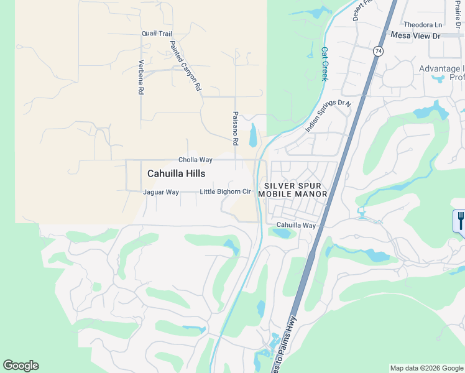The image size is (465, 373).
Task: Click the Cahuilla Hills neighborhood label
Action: click(x=176, y=174)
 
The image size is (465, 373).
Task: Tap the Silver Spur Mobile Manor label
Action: click(x=295, y=190)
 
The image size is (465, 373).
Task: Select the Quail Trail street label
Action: click(x=157, y=34)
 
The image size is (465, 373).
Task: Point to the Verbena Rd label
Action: click(x=141, y=77)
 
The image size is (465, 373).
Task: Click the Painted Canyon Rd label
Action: click(x=186, y=66)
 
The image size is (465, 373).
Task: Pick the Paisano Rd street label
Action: click(x=236, y=129)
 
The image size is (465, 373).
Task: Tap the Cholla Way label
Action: click(x=195, y=160)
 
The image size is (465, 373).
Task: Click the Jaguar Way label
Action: click(x=161, y=192)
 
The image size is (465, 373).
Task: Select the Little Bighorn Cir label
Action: click(x=225, y=191)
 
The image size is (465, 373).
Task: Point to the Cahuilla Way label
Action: click(x=296, y=225)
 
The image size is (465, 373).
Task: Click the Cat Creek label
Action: click(x=325, y=64)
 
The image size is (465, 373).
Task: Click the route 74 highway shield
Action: click(x=378, y=51)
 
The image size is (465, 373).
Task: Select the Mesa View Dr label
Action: click(x=415, y=36)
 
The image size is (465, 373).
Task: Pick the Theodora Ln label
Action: click(x=423, y=25)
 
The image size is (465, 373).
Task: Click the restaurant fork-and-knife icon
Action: click(x=461, y=220)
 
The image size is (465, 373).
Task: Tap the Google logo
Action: click(x=21, y=366)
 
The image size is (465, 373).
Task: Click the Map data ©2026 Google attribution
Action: click(x=426, y=368)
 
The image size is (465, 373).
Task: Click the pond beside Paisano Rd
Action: click(x=252, y=135)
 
